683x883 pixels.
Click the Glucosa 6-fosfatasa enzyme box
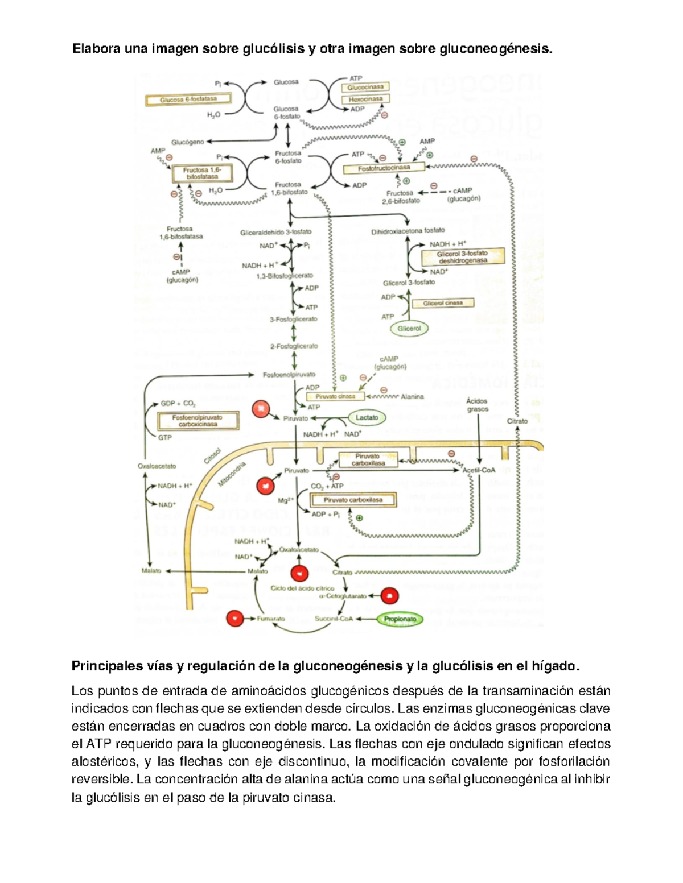click(x=188, y=100)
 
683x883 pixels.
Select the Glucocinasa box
click(x=365, y=88)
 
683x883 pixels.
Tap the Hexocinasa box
click(x=365, y=99)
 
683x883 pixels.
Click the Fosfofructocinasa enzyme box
click(x=384, y=168)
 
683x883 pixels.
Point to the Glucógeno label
click(x=188, y=142)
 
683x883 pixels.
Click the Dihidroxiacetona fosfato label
click(x=408, y=231)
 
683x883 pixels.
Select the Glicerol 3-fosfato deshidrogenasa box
click(x=462, y=257)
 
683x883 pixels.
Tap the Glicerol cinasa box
click(x=443, y=303)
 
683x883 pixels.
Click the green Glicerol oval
click(x=409, y=329)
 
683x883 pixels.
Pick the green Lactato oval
click(x=367, y=417)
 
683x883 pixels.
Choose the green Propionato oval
click(x=400, y=619)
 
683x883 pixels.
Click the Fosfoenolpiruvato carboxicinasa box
click(x=198, y=421)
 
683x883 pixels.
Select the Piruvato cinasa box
click(x=335, y=396)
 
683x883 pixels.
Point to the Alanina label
click(x=412, y=397)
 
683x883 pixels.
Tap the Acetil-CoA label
click(x=479, y=470)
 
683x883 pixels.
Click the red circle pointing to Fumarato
click(x=235, y=618)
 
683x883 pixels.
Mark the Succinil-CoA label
click(x=334, y=619)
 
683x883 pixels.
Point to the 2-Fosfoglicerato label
click(x=294, y=346)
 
